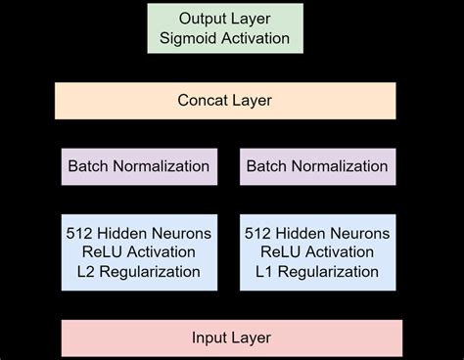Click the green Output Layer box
224,28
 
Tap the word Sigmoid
189,39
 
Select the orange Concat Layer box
224,101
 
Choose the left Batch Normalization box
138,166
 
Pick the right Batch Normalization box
317,166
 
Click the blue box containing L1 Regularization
317,251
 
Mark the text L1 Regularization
317,270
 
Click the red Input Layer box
231,337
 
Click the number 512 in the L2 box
80,234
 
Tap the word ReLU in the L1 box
278,251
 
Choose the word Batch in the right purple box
265,166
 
